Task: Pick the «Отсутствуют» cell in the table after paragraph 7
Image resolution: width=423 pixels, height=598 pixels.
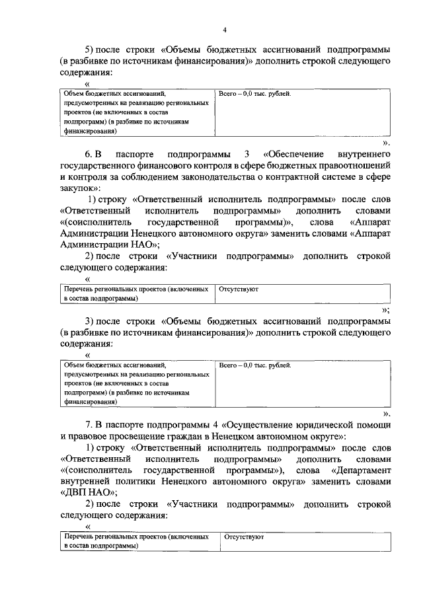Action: point(244,537)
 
